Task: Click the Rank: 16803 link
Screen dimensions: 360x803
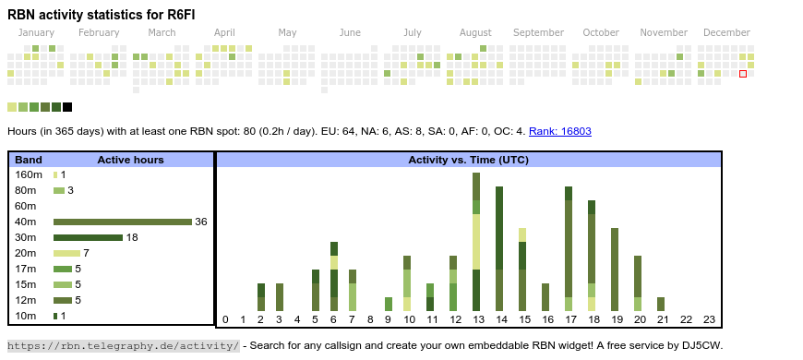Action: (559, 131)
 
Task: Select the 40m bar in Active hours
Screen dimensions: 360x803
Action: (122, 222)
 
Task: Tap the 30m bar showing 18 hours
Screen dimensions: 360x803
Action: (88, 237)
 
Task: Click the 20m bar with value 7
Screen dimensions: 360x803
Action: (66, 253)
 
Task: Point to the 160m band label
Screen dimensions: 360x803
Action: (28, 174)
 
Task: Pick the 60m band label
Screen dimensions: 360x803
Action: (25, 206)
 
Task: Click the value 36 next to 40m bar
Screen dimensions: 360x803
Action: (201, 222)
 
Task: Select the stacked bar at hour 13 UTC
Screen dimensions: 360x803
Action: (476, 242)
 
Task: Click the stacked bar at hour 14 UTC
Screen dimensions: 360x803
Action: (499, 249)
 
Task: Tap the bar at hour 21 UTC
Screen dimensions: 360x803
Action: (661, 304)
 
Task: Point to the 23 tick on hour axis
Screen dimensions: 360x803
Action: (709, 320)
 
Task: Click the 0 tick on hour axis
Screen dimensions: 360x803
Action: (225, 320)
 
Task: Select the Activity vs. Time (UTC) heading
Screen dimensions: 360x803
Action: (468, 160)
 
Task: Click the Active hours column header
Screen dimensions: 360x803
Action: (130, 160)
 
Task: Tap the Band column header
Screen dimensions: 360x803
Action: (29, 160)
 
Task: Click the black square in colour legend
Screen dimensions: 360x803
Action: (67, 107)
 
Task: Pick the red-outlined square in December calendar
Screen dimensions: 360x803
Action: (743, 74)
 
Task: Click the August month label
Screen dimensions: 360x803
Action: (475, 32)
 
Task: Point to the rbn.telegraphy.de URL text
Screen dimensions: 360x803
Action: (123, 345)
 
